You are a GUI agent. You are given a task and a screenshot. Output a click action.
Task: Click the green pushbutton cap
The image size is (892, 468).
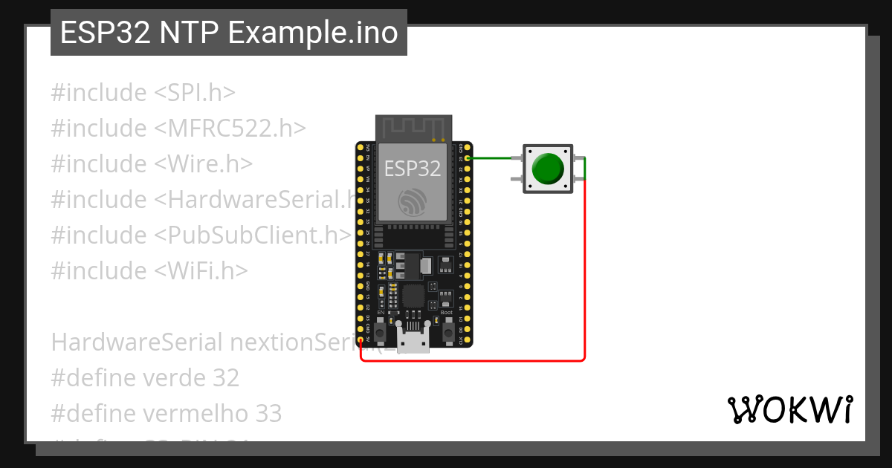(x=548, y=169)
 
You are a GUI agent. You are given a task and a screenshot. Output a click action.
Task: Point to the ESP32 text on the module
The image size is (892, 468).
(x=413, y=169)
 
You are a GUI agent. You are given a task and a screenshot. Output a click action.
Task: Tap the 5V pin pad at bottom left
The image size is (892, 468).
(x=361, y=339)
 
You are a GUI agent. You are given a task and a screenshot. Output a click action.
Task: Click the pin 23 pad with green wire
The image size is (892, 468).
(x=468, y=158)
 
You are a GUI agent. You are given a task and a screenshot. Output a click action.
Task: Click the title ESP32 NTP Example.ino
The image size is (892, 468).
(x=229, y=33)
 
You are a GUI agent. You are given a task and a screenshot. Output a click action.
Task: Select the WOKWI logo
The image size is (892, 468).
(x=789, y=409)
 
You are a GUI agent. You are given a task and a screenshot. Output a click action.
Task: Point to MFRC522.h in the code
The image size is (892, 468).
(x=230, y=129)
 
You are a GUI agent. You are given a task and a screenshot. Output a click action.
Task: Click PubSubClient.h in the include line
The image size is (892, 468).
(x=253, y=235)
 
